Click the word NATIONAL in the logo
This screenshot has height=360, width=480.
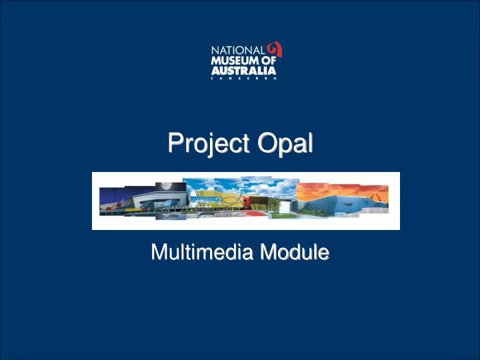238,49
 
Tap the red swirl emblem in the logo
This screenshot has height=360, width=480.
275,49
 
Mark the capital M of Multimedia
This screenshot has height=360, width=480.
157,252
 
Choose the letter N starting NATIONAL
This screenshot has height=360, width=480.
215,49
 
